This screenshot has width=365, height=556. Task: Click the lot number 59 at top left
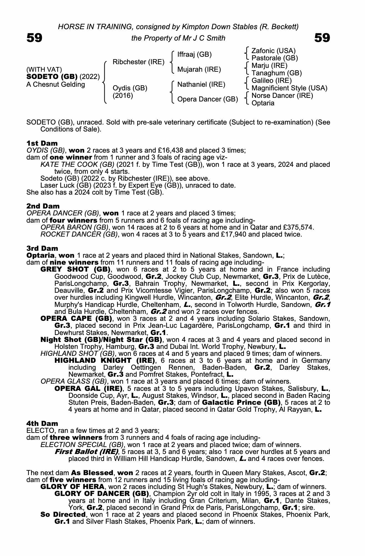click(x=34, y=38)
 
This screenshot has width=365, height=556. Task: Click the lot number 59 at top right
click(x=322, y=38)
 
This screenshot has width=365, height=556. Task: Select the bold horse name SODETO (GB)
click(x=52, y=77)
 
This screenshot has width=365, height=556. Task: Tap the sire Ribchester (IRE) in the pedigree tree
click(x=139, y=62)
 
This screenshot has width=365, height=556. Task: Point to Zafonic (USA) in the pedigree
click(x=273, y=51)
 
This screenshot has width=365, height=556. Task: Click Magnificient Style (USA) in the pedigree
click(x=289, y=88)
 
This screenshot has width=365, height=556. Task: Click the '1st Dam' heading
click(x=42, y=143)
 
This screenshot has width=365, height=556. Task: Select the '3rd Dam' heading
click(x=42, y=248)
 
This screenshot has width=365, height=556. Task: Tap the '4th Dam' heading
click(x=42, y=423)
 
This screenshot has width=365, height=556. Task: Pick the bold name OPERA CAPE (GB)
click(x=76, y=318)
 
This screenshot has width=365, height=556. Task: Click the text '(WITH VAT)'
click(x=44, y=69)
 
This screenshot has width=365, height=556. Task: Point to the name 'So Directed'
click(x=63, y=515)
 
